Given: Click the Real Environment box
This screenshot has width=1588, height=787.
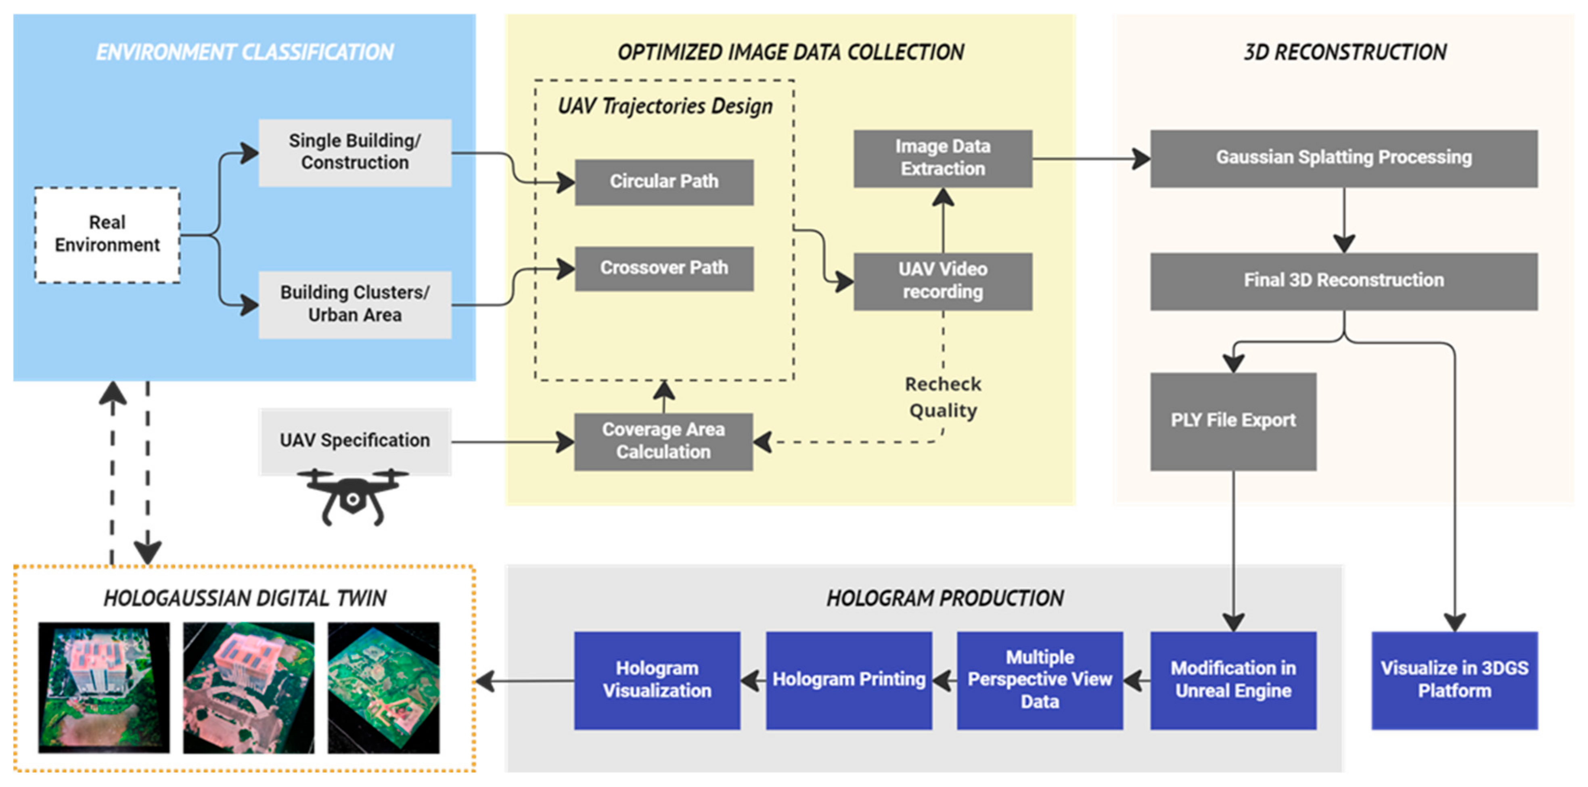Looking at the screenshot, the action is tap(107, 235).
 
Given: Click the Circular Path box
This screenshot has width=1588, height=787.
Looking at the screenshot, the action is tap(664, 182).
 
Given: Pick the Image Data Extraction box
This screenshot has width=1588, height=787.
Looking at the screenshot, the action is tap(943, 158).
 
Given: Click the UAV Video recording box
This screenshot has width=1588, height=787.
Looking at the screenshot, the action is tap(943, 281).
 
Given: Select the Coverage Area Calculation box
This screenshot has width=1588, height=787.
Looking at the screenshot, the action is tap(663, 441).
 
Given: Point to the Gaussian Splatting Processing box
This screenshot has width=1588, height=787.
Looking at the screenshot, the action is tap(1344, 158).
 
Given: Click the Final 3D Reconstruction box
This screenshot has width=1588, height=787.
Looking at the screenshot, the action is tap(1344, 281).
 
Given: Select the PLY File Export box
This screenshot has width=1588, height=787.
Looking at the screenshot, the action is tap(1233, 421).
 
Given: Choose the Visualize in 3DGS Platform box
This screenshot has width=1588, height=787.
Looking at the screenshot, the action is tap(1454, 680).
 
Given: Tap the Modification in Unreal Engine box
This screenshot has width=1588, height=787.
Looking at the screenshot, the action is tap(1233, 680).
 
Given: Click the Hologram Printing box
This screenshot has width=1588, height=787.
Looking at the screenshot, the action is tap(849, 680).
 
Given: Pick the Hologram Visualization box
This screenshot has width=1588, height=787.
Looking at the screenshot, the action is tap(657, 680).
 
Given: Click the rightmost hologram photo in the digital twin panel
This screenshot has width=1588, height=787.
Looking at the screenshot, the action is tap(383, 688).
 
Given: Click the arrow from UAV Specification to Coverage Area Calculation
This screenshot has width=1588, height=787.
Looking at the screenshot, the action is tap(513, 442).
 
